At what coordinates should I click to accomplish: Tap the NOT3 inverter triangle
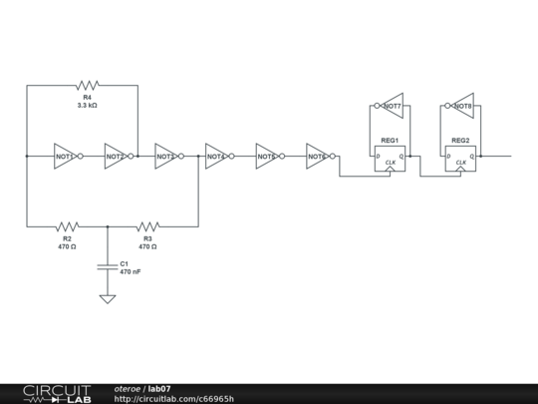[166, 157]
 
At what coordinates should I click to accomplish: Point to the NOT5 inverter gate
[267, 157]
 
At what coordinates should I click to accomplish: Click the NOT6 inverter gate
[318, 157]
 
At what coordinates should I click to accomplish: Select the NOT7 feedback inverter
[391, 106]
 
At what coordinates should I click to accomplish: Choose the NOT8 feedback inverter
[461, 106]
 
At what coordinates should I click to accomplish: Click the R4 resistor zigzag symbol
[88, 86]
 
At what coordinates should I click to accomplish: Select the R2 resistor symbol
[67, 226]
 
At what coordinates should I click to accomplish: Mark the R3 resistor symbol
[147, 226]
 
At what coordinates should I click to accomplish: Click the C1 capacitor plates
[108, 266]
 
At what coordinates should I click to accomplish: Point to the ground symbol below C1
[108, 298]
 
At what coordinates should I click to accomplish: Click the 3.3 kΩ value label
[88, 105]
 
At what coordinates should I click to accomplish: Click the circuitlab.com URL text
[174, 399]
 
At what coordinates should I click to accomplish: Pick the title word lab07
[159, 388]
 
